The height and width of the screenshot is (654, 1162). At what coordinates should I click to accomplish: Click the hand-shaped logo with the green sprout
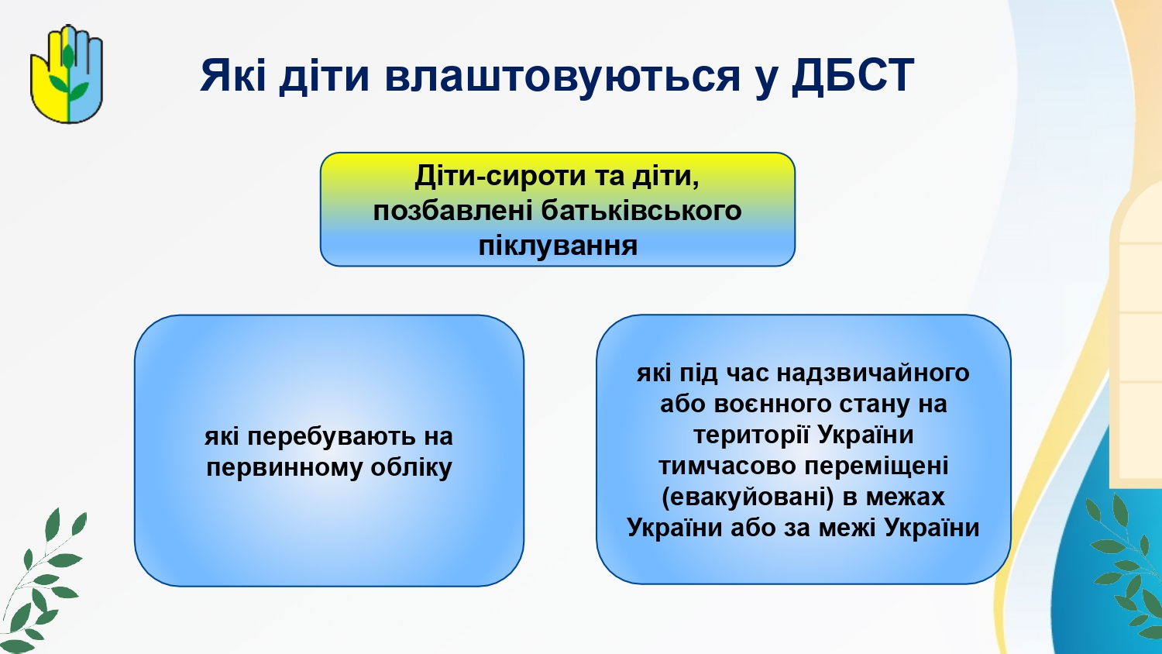67,74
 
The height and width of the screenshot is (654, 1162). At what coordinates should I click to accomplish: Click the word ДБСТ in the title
852,76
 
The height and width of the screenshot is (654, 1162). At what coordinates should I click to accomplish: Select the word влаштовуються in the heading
562,76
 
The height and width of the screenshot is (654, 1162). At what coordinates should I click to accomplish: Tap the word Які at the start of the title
233,76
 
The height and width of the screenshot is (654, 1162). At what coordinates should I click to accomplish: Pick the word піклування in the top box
558,246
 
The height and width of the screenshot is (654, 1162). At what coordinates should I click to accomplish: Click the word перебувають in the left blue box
331,436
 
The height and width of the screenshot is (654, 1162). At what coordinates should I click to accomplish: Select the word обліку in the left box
411,468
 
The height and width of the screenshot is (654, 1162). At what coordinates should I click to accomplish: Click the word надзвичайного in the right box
874,373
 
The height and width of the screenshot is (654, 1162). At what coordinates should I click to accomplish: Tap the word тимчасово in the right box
727,466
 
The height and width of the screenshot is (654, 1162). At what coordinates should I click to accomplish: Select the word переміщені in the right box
875,466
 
